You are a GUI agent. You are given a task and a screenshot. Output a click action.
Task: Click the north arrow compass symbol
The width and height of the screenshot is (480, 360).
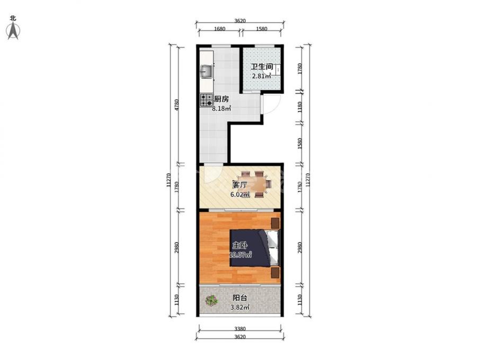(x=13, y=31)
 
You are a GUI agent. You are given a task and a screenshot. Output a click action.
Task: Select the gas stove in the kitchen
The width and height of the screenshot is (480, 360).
(x=206, y=100)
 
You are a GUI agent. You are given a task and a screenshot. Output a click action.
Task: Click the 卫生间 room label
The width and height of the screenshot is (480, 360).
(x=262, y=67)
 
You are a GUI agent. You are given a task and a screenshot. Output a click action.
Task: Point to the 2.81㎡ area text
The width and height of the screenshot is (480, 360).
(x=261, y=76)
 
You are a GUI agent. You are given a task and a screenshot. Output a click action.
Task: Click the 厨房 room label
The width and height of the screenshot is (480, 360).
(x=221, y=99)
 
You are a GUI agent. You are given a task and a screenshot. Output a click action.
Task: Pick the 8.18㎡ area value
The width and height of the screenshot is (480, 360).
(x=221, y=109)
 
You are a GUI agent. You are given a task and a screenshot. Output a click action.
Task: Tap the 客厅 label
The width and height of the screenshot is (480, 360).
(x=239, y=185)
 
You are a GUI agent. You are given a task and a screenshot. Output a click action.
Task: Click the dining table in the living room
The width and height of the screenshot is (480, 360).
(x=256, y=184)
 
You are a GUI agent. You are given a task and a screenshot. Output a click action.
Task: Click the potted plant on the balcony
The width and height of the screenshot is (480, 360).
(x=211, y=300)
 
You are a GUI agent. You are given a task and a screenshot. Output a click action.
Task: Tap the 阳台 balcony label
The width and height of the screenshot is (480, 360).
(x=239, y=298)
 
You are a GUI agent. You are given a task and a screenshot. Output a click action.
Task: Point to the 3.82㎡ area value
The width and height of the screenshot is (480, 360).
(x=239, y=308)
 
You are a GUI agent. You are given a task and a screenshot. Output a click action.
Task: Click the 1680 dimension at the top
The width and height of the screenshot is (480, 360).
(x=219, y=29)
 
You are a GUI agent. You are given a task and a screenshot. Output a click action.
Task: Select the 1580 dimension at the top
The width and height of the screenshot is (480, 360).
(x=261, y=29)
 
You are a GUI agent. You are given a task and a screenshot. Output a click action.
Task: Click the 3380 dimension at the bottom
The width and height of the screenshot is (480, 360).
(x=240, y=329)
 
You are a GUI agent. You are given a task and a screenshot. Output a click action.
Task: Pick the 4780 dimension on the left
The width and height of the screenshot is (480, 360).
(x=176, y=105)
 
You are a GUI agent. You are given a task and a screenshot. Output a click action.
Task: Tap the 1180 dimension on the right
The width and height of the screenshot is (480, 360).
(x=300, y=107)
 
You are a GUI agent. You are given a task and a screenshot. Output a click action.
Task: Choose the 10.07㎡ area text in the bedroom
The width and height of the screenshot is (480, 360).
(x=241, y=255)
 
